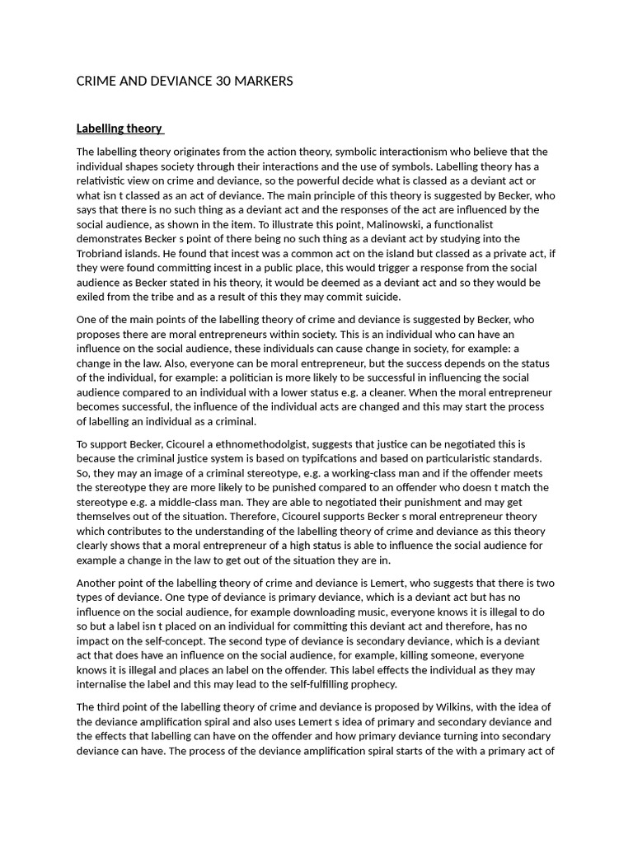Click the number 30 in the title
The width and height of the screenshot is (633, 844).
click(x=216, y=81)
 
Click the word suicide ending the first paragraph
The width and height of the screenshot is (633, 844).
click(x=380, y=297)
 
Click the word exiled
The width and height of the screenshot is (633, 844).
click(x=93, y=297)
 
